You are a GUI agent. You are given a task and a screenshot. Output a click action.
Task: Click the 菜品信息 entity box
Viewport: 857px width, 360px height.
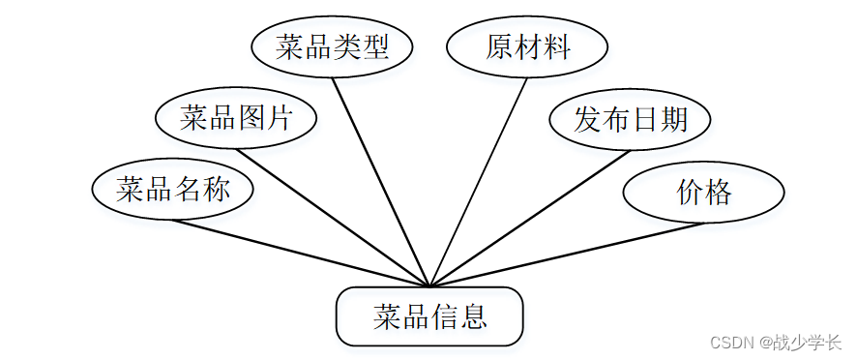point(429,316)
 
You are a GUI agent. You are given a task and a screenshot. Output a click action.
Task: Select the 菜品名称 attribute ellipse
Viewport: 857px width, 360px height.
point(173,189)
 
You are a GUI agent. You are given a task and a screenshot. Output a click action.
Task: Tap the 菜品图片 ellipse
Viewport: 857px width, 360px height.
point(236,118)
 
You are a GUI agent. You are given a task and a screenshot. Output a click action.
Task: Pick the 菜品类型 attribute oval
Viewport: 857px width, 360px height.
point(332,47)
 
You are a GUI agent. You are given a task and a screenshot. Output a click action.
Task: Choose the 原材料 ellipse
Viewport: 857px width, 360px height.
point(527,47)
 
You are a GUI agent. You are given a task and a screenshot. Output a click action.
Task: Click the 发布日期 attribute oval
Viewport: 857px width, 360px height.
point(631,120)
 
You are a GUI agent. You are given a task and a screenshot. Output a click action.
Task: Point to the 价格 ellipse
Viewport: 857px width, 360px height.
point(703,192)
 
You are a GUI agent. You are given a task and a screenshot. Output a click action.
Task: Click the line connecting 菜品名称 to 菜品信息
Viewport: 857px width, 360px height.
point(300,253)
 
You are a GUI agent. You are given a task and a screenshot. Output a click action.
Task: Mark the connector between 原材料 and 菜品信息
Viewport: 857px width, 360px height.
point(479,182)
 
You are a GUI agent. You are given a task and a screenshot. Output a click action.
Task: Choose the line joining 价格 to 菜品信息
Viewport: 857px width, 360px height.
point(566,255)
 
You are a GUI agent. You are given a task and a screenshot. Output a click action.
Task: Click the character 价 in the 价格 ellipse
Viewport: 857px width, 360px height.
point(690,192)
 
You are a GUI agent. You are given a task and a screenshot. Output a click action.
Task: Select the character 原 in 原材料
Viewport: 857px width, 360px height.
point(499,47)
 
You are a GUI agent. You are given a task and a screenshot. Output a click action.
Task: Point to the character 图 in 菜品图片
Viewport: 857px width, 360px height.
point(251,118)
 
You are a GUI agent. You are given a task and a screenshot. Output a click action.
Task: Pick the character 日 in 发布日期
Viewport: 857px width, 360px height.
point(645,120)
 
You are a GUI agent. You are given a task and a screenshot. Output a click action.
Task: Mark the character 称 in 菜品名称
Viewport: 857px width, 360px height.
point(217,189)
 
